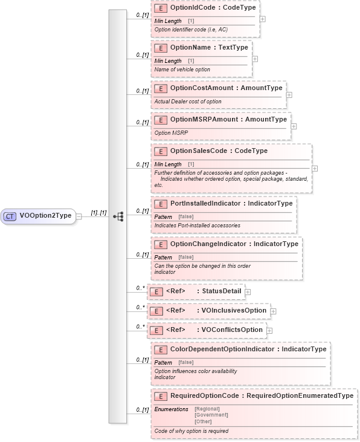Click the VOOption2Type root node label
(x=46, y=215)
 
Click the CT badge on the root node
(x=10, y=215)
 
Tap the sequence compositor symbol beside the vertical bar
(x=118, y=215)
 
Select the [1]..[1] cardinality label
(x=98, y=212)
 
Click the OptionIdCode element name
(x=193, y=9)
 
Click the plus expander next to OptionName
(x=255, y=59)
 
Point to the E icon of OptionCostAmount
(x=161, y=88)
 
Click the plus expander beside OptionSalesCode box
(x=315, y=168)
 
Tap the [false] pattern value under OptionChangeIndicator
(x=185, y=257)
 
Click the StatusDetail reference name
(x=222, y=291)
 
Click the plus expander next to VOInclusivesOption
(x=273, y=311)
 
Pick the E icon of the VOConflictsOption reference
(x=156, y=330)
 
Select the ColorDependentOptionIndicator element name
(x=222, y=349)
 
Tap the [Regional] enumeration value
(x=207, y=409)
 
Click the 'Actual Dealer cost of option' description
(x=188, y=101)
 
